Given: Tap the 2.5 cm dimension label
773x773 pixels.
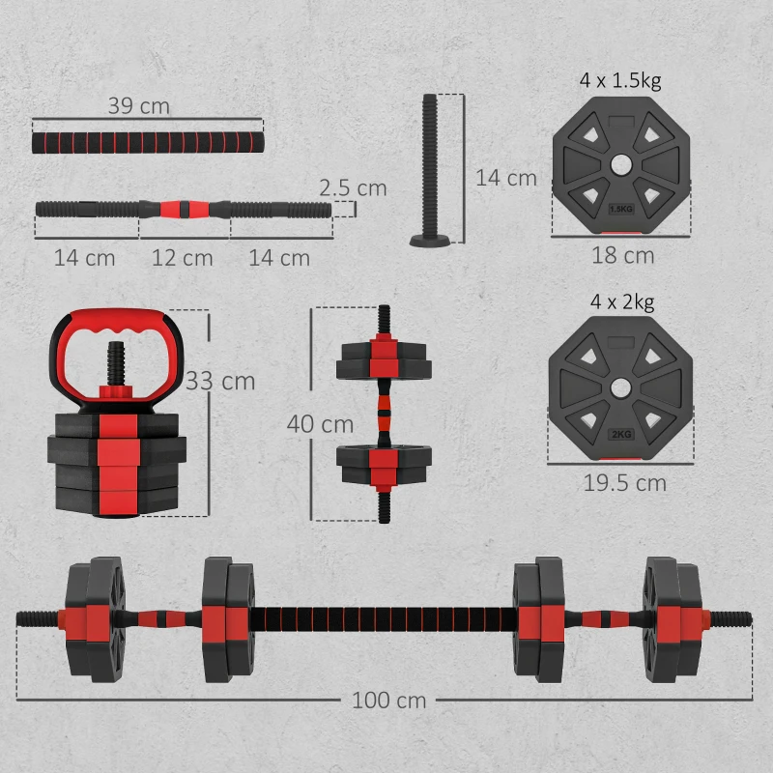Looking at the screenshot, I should click(x=353, y=187).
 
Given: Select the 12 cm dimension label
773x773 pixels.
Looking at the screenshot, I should click(x=183, y=258).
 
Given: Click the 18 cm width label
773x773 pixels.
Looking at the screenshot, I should click(x=622, y=256).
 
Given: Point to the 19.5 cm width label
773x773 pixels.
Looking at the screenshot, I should click(x=623, y=482).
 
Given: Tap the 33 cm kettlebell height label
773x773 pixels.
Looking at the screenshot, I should click(x=221, y=381).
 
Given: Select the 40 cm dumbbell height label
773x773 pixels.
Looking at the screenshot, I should click(x=320, y=423).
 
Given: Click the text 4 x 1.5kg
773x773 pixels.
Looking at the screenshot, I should click(x=620, y=79).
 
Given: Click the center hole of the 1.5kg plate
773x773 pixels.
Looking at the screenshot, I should click(x=620, y=165).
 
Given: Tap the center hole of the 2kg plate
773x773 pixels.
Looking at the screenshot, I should click(x=620, y=388).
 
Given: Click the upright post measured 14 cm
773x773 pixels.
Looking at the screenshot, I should click(x=429, y=164).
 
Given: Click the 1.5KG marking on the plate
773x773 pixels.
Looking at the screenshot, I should click(x=620, y=208).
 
